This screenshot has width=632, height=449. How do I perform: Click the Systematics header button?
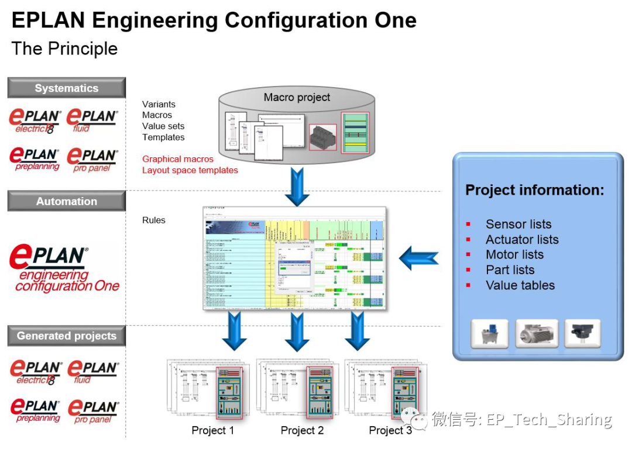(67, 88)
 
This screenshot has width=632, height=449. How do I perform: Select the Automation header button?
(67, 201)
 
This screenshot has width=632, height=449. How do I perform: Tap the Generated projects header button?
(67, 336)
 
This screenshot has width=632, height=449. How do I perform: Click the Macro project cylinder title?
(297, 98)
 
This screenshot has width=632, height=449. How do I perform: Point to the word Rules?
(154, 220)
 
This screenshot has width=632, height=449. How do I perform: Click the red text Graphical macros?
(178, 159)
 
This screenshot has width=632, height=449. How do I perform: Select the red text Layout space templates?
(190, 170)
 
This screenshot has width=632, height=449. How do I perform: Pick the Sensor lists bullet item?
(518, 224)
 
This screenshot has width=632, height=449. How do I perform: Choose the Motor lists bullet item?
(514, 255)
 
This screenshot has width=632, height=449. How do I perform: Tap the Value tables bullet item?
(520, 285)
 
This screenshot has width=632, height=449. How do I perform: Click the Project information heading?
(535, 190)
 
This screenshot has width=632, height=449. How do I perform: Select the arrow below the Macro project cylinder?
(297, 185)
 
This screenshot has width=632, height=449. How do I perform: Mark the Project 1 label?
(213, 431)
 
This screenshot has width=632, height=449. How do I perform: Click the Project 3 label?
(390, 431)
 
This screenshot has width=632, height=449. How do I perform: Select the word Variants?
(159, 104)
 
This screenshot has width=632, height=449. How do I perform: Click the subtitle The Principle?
(64, 49)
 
